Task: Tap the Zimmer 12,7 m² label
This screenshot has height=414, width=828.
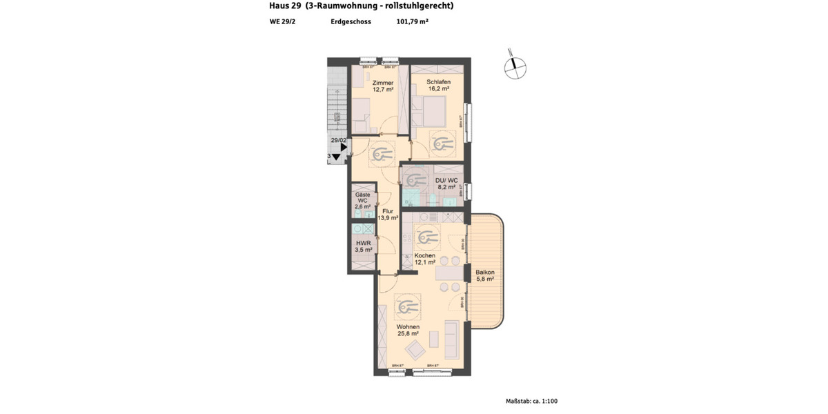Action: point(383,86)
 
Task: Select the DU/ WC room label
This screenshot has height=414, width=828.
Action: point(446,184)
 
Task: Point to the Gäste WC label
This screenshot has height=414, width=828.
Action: point(362,201)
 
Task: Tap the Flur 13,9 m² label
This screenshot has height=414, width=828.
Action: point(388,215)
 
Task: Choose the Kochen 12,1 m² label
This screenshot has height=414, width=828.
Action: point(424,259)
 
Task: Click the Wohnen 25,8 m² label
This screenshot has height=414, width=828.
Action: point(407,330)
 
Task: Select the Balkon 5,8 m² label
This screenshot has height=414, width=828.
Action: point(485,275)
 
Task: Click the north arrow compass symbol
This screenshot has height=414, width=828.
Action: point(514,66)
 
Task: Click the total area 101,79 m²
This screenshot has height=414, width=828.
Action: point(413,21)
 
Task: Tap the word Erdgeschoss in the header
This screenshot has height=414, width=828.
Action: point(351,21)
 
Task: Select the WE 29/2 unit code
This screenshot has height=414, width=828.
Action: point(283,21)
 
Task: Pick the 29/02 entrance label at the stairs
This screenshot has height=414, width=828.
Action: point(339,140)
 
